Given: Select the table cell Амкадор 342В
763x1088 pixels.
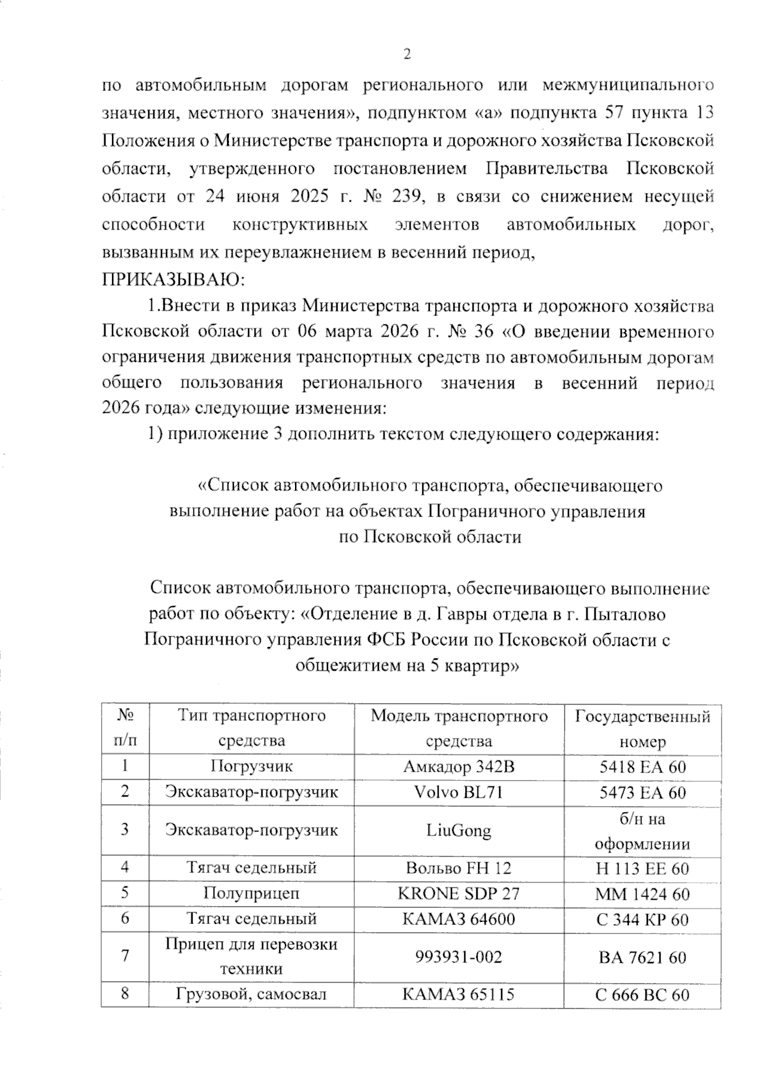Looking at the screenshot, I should (x=458, y=767).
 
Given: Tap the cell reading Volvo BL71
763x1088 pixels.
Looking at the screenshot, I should (x=458, y=792).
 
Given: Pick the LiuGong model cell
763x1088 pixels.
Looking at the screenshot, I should (x=458, y=830).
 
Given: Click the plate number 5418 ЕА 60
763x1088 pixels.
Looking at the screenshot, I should (x=643, y=767).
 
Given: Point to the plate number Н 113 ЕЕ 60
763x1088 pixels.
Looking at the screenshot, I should (x=643, y=868).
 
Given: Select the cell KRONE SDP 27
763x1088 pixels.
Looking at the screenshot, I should (x=458, y=893).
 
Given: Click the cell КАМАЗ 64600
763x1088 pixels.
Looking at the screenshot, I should (x=458, y=919).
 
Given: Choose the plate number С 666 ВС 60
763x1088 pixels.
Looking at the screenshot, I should (x=643, y=994).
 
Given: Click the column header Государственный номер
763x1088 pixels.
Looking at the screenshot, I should (x=643, y=729).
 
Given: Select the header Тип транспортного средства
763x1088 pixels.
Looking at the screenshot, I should (x=252, y=729).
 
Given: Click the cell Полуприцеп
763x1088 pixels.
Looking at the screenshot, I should (x=252, y=893).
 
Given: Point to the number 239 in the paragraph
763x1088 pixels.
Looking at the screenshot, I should (x=404, y=197).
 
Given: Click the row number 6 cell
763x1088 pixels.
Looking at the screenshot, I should (x=125, y=919).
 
